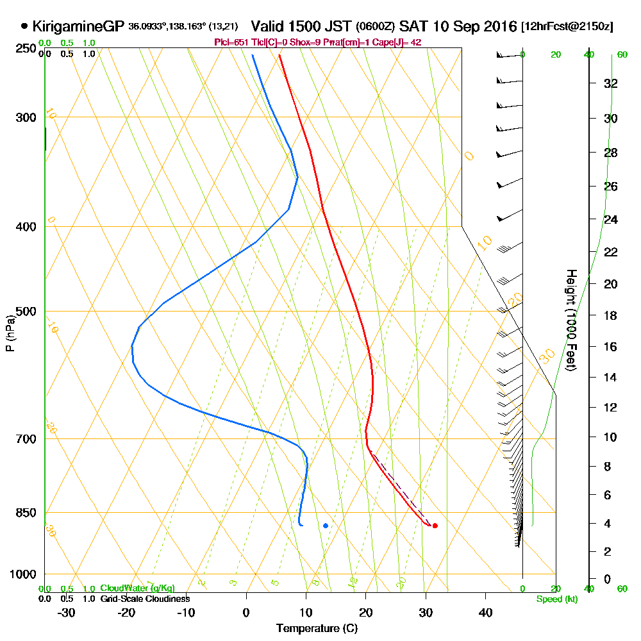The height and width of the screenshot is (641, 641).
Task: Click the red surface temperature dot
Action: coord(435,526)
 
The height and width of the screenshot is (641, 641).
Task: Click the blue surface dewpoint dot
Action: coord(326,526)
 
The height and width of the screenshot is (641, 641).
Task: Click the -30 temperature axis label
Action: coord(67,612)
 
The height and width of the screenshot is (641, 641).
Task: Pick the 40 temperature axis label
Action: coord(485,612)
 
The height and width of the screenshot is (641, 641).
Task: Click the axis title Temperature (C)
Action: coord(317,628)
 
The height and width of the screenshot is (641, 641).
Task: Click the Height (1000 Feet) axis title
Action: coord(570,320)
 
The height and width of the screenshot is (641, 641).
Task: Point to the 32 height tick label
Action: coord(610,83)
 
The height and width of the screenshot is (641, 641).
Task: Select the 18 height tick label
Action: coord(610,315)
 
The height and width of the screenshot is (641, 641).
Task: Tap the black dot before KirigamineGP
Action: coord(24,26)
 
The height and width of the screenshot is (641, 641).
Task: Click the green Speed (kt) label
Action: coord(555,599)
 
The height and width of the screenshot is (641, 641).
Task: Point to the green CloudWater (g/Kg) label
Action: coord(137,588)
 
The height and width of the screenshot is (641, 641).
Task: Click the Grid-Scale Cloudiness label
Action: coord(144,599)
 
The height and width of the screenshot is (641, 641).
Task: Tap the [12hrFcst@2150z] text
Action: coord(567,27)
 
